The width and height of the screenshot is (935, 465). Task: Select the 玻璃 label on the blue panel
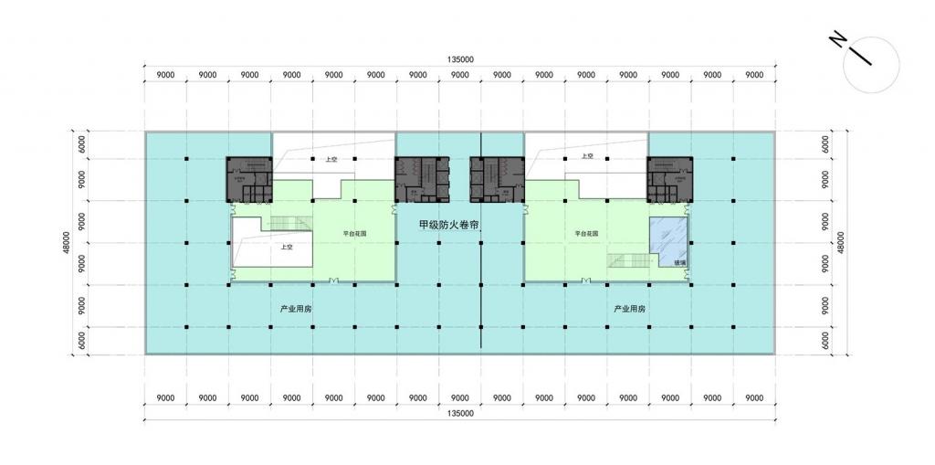(679, 261)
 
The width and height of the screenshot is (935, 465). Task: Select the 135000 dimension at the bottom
(460, 415)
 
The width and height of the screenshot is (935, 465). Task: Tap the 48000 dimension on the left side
(67, 243)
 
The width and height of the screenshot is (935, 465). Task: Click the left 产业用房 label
(296, 309)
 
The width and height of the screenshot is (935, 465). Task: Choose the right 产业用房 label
(629, 309)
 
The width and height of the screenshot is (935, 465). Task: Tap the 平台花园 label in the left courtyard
(354, 233)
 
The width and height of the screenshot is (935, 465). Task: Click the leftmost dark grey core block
(250, 179)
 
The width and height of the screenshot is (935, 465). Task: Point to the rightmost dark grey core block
(671, 179)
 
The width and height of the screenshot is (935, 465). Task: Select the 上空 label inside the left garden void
(287, 246)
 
